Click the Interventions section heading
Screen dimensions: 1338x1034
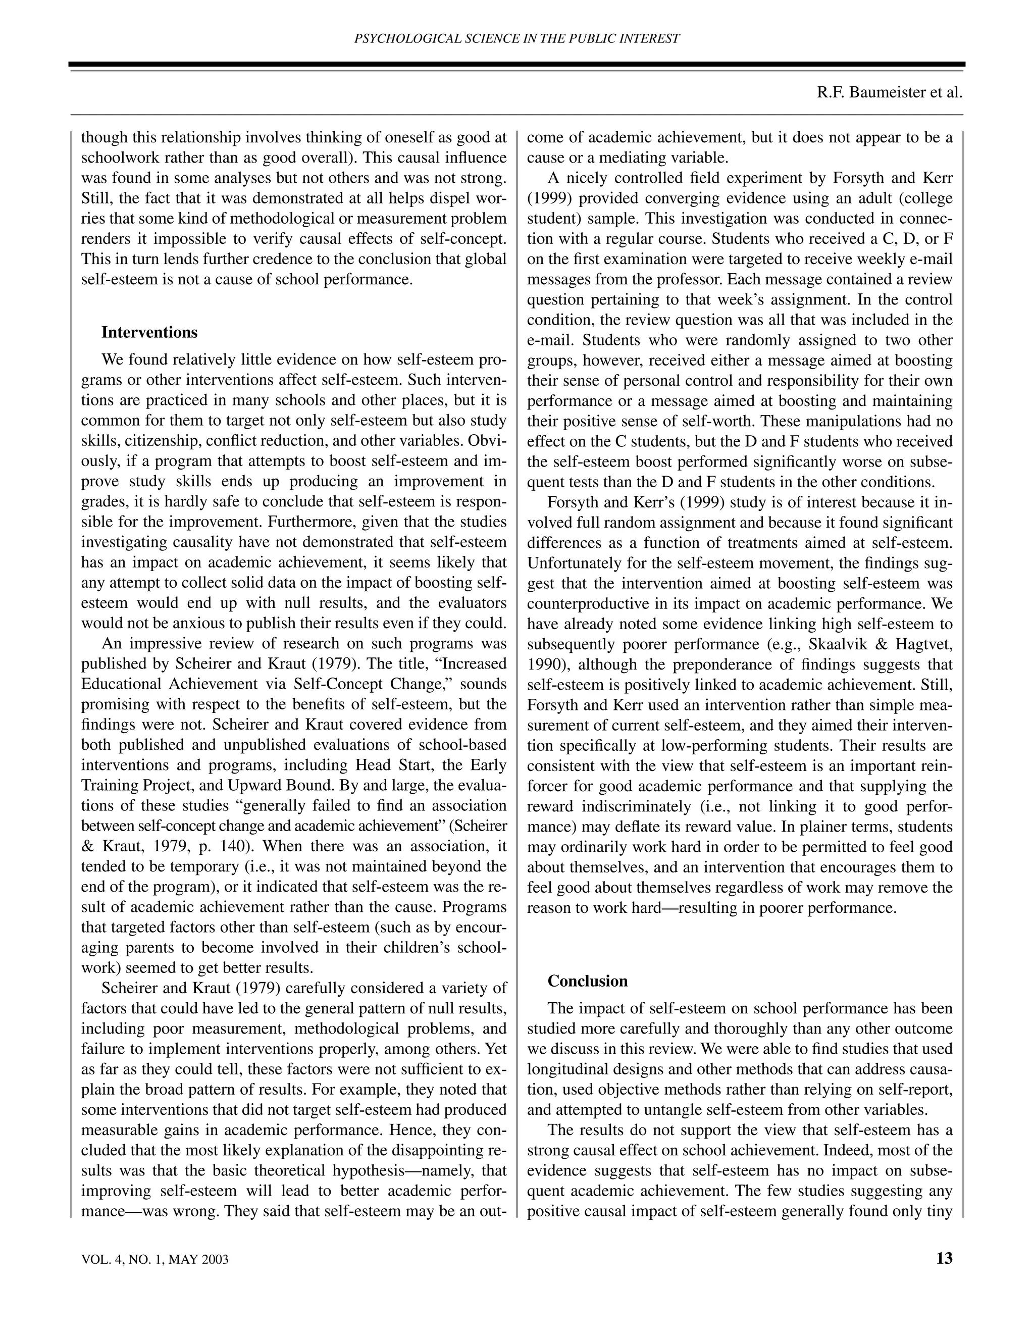149,333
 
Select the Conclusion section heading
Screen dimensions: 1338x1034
588,981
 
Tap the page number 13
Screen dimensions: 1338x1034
944,1258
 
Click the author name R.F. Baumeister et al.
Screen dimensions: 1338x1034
890,92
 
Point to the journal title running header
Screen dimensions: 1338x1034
517,38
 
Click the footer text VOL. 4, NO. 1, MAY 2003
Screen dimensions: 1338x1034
154,1260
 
